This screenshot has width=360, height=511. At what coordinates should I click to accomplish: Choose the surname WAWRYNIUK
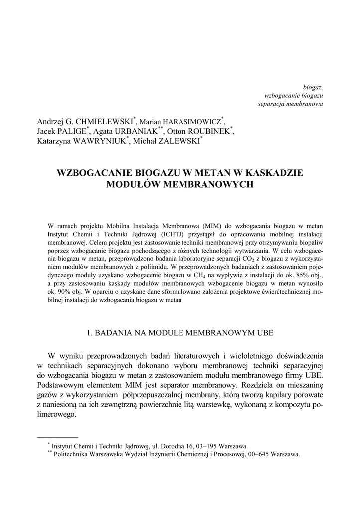(x=102, y=141)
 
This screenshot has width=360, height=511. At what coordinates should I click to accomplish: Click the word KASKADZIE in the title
(x=270, y=173)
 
